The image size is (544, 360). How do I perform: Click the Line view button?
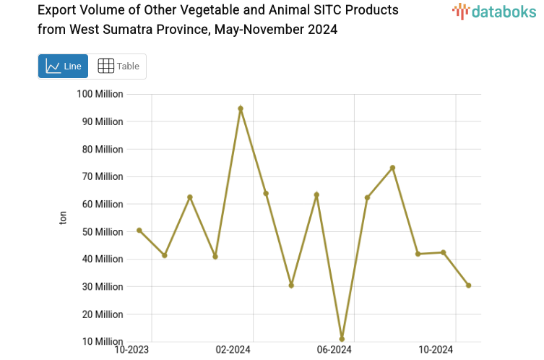click(x=63, y=66)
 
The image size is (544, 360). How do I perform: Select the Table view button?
click(x=118, y=66)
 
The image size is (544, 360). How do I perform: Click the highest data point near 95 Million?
click(x=241, y=108)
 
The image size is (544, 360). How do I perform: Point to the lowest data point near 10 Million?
click(x=342, y=339)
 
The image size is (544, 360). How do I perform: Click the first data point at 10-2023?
click(x=139, y=231)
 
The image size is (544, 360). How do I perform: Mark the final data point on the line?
click(x=469, y=286)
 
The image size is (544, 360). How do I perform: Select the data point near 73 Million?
click(x=392, y=168)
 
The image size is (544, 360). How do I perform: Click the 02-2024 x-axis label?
click(x=233, y=350)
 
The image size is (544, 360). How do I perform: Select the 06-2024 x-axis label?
click(x=334, y=350)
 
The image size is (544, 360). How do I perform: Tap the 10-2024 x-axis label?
click(x=436, y=350)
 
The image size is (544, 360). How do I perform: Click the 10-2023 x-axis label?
click(x=132, y=350)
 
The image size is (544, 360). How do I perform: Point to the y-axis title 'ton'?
click(x=63, y=217)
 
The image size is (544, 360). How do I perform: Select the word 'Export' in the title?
click(x=55, y=10)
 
